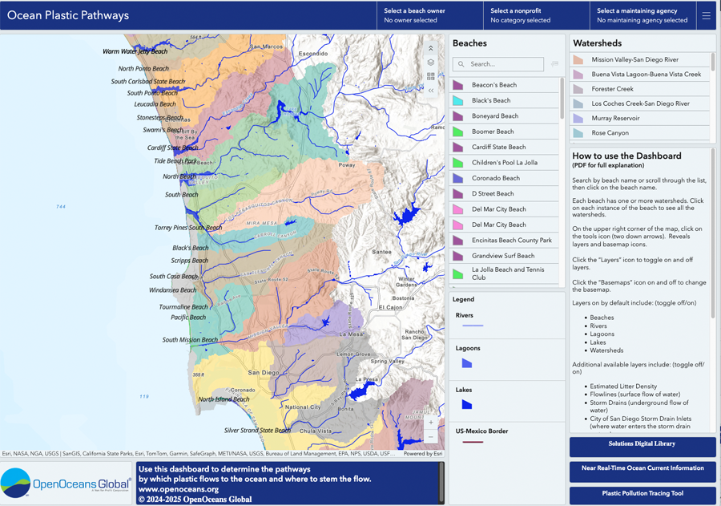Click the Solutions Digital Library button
[642, 444]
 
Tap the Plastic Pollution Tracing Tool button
[642, 494]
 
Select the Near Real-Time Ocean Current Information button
[642, 469]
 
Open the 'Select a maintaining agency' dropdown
[642, 15]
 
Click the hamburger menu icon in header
[706, 15]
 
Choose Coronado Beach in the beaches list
[495, 178]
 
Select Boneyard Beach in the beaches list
[495, 116]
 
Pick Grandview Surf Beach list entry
[502, 256]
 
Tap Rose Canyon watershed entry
[610, 133]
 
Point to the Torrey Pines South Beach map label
[188, 228]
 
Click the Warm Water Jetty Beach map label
[135, 51]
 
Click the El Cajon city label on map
[389, 307]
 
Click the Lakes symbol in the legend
[466, 405]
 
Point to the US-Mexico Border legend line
[473, 442]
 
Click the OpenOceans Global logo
[66, 483]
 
